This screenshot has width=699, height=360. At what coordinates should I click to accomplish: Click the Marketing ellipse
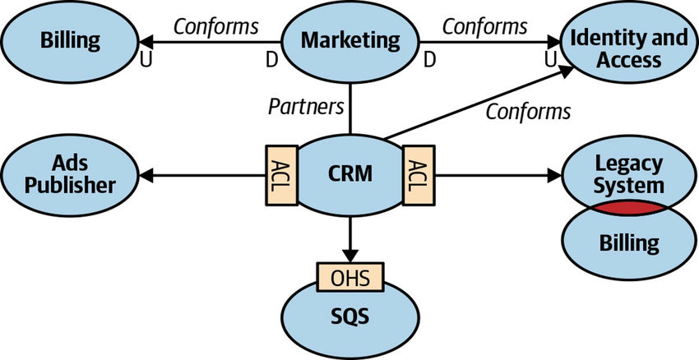click(x=350, y=39)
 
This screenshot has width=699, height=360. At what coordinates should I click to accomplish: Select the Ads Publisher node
click(x=70, y=173)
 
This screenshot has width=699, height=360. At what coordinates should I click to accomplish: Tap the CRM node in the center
click(x=349, y=173)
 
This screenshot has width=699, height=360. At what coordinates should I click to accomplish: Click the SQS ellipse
click(x=349, y=316)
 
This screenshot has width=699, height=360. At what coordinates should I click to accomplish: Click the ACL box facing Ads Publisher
click(x=275, y=174)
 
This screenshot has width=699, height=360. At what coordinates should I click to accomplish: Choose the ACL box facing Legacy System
click(x=413, y=174)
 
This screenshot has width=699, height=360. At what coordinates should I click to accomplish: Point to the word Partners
click(x=307, y=106)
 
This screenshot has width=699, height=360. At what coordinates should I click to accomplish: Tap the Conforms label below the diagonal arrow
click(x=527, y=111)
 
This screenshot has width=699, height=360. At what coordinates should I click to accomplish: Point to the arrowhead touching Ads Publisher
click(x=147, y=174)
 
